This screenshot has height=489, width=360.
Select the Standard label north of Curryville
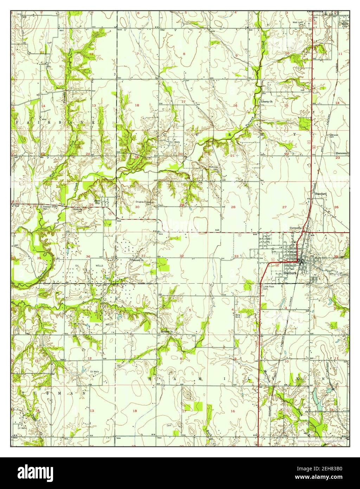coord(321,194)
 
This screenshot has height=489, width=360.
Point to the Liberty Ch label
coord(267,102)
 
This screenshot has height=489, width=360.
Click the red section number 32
coord(182,256)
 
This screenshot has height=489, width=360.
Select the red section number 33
coord(237,256)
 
